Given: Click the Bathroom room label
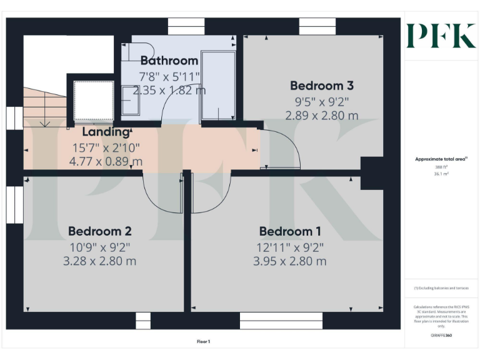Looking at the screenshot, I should pos(169,61).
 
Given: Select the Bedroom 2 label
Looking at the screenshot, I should pos(99,231).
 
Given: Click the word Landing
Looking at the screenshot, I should pos(106,132).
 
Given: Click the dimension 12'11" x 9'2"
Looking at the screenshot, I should pos(290,247).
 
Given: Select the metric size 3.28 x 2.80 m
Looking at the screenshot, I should pos(99,261).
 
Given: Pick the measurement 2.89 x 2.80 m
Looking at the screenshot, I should pos(321,116).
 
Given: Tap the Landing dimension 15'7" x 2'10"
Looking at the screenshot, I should pos(105,147).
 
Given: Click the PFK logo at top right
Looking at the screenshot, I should pos(441,36).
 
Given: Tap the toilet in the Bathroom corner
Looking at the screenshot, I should pos(136,51).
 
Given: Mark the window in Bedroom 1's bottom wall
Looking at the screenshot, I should pos(281,323).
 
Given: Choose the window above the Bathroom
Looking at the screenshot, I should pos(186,26).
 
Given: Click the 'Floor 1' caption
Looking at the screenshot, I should pos(204,341).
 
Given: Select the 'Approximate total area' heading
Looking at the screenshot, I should pos(441,159).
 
